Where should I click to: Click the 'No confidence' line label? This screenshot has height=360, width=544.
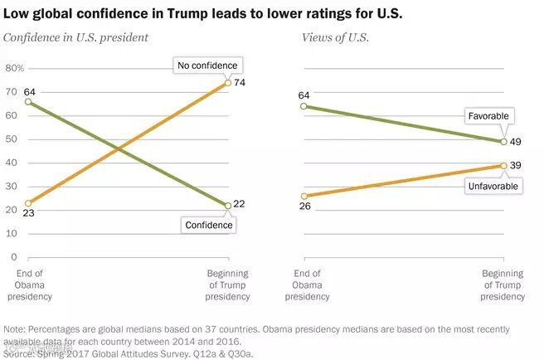tap(206, 65)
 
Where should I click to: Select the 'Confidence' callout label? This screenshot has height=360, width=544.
tap(206, 224)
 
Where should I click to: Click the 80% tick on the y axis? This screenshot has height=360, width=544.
tap(16, 68)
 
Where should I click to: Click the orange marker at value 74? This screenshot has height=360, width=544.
tap(228, 83)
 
